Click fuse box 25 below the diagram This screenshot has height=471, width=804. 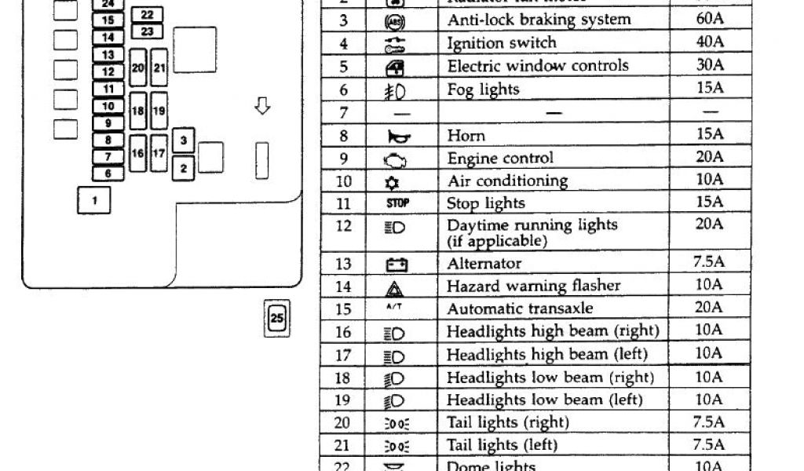coord(277,318)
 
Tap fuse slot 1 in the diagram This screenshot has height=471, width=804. coord(94,200)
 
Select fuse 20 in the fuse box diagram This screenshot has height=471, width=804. coord(138,69)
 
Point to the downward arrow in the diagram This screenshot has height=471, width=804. coord(263,106)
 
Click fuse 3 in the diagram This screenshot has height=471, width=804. coord(183,141)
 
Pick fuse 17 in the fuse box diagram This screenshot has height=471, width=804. coord(158,153)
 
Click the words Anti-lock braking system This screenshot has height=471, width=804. coord(539,20)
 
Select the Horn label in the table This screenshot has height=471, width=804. coord(466,136)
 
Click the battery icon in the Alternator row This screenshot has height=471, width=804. coord(394,264)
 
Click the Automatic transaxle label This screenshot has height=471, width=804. coord(520,309)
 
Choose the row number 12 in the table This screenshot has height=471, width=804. coord(344,227)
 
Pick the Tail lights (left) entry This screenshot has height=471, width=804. coord(502,445)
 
